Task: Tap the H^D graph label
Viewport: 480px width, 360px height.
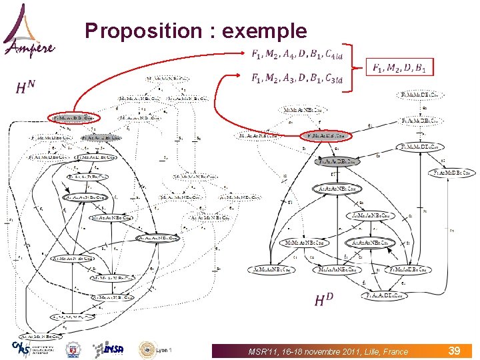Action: pyautogui.click(x=324, y=300)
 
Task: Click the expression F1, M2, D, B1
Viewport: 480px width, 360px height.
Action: pyautogui.click(x=403, y=67)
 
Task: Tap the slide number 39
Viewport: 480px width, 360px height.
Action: pyautogui.click(x=455, y=350)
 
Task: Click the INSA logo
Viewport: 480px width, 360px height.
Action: pyautogui.click(x=108, y=349)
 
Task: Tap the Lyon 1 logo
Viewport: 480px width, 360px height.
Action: pyautogui.click(x=155, y=349)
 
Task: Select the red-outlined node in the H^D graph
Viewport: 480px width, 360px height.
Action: pyautogui.click(x=325, y=136)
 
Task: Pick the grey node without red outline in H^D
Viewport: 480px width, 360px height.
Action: pyautogui.click(x=339, y=161)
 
